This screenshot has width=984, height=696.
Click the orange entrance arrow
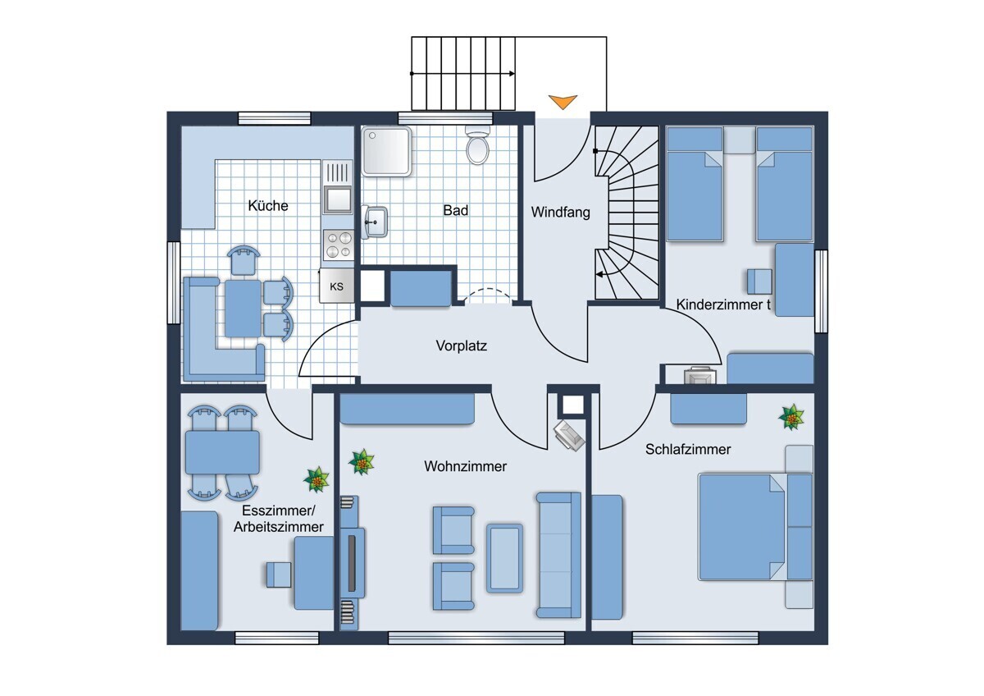pyautogui.click(x=563, y=102)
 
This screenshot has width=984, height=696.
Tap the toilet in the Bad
pyautogui.click(x=477, y=145)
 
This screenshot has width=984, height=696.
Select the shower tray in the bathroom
pyautogui.click(x=386, y=151)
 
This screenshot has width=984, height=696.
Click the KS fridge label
pyautogui.click(x=336, y=286)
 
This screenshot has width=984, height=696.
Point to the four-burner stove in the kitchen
pyautogui.click(x=338, y=245)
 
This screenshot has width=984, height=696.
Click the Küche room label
pyautogui.click(x=268, y=205)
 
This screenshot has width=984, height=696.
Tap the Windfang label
pyautogui.click(x=561, y=212)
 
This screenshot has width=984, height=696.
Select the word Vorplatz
pyautogui.click(x=461, y=346)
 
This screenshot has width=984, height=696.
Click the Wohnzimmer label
pyautogui.click(x=465, y=466)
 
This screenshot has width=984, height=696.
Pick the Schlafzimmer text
pyautogui.click(x=688, y=449)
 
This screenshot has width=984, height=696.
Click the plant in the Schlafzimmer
pyautogui.click(x=791, y=417)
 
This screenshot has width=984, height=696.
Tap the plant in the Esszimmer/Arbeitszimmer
pyautogui.click(x=317, y=479)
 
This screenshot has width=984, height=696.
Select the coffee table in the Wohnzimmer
pyautogui.click(x=505, y=558)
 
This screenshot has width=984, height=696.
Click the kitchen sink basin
pyautogui.click(x=338, y=200)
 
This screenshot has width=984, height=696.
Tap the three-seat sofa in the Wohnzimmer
pyautogui.click(x=558, y=555)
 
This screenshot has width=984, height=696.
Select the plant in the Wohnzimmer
pyautogui.click(x=362, y=462)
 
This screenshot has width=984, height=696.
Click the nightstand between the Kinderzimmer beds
pyautogui.click(x=740, y=140)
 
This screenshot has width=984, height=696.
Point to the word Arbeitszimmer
pyautogui.click(x=279, y=527)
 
